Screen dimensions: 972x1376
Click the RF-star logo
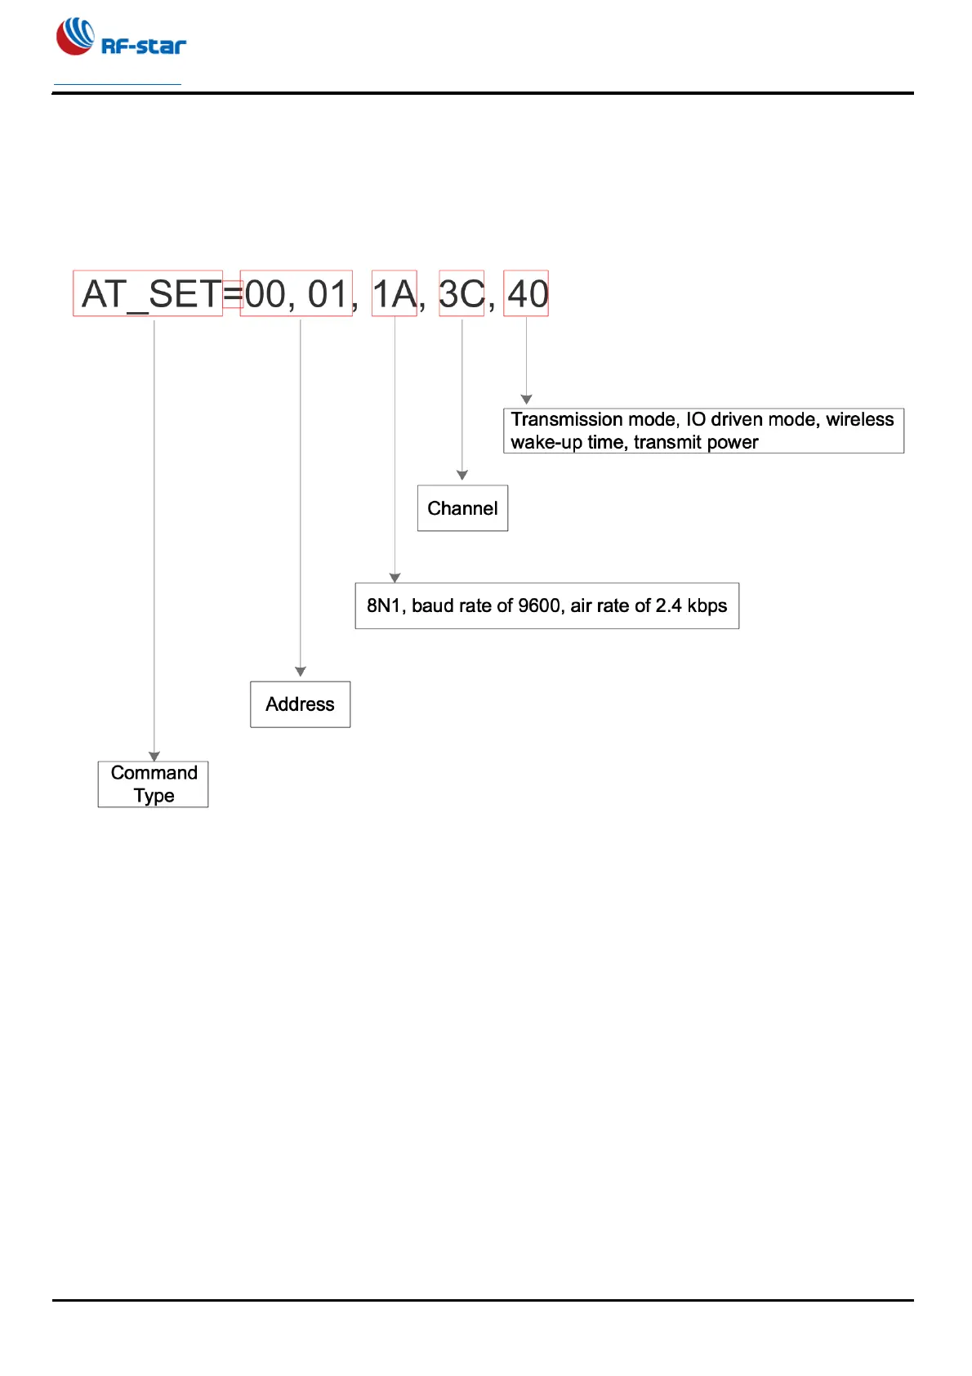120,38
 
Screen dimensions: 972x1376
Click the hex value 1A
395,294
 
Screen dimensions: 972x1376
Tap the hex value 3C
461,294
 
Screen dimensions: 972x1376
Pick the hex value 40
527,294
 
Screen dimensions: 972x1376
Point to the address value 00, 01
297,294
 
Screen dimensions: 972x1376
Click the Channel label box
462,508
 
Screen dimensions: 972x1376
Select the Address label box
300,704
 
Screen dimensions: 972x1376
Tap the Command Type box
154,784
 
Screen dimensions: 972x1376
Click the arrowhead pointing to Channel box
462,476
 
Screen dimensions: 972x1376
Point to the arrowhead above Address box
301,672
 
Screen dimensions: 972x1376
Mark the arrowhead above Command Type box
154,757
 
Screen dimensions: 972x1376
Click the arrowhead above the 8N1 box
395,578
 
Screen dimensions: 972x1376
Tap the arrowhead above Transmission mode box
527,400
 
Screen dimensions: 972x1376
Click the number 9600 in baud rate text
539,606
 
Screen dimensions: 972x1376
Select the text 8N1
384,606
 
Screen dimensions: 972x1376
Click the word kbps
707,606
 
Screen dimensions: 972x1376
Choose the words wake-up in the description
546,443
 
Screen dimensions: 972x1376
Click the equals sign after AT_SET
233,294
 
